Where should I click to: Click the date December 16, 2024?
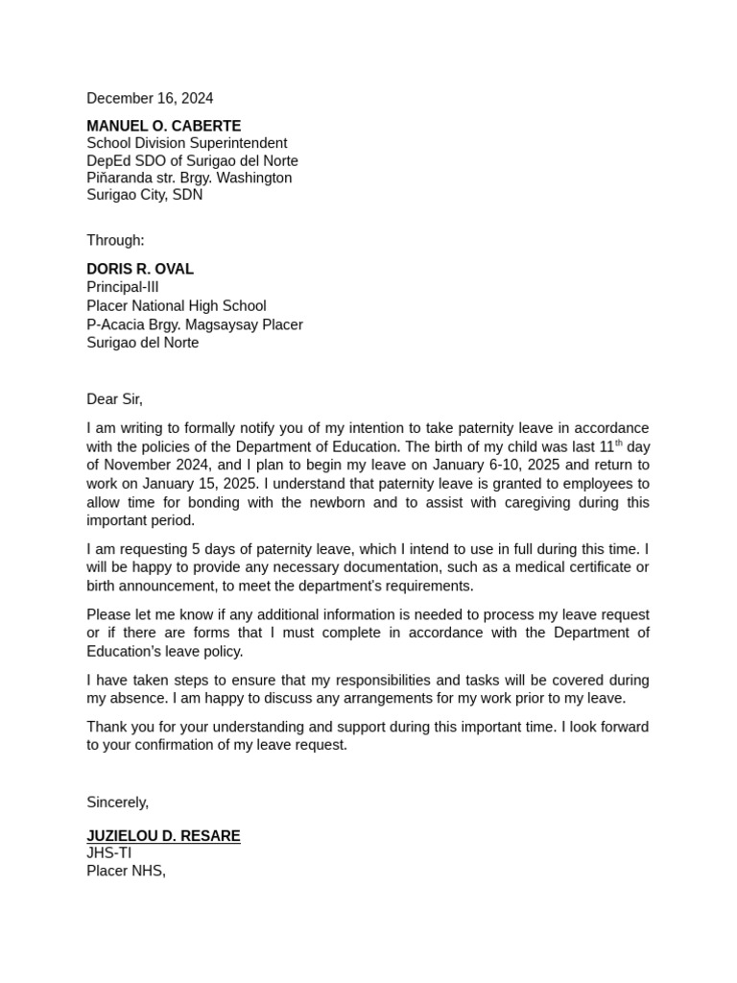[x=150, y=99]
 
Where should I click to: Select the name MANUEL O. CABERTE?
[x=163, y=126]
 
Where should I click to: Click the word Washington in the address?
[x=254, y=178]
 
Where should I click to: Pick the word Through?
[x=115, y=240]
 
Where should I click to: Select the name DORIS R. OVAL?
[x=140, y=269]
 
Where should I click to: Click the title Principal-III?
[x=123, y=287]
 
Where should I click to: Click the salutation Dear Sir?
[x=114, y=399]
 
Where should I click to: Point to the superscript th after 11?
[x=619, y=443]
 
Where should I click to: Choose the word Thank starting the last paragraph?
[x=107, y=727]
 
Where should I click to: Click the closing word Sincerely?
[x=117, y=803]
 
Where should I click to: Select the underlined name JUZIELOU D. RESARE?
[x=163, y=836]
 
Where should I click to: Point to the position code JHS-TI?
[x=108, y=853]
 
